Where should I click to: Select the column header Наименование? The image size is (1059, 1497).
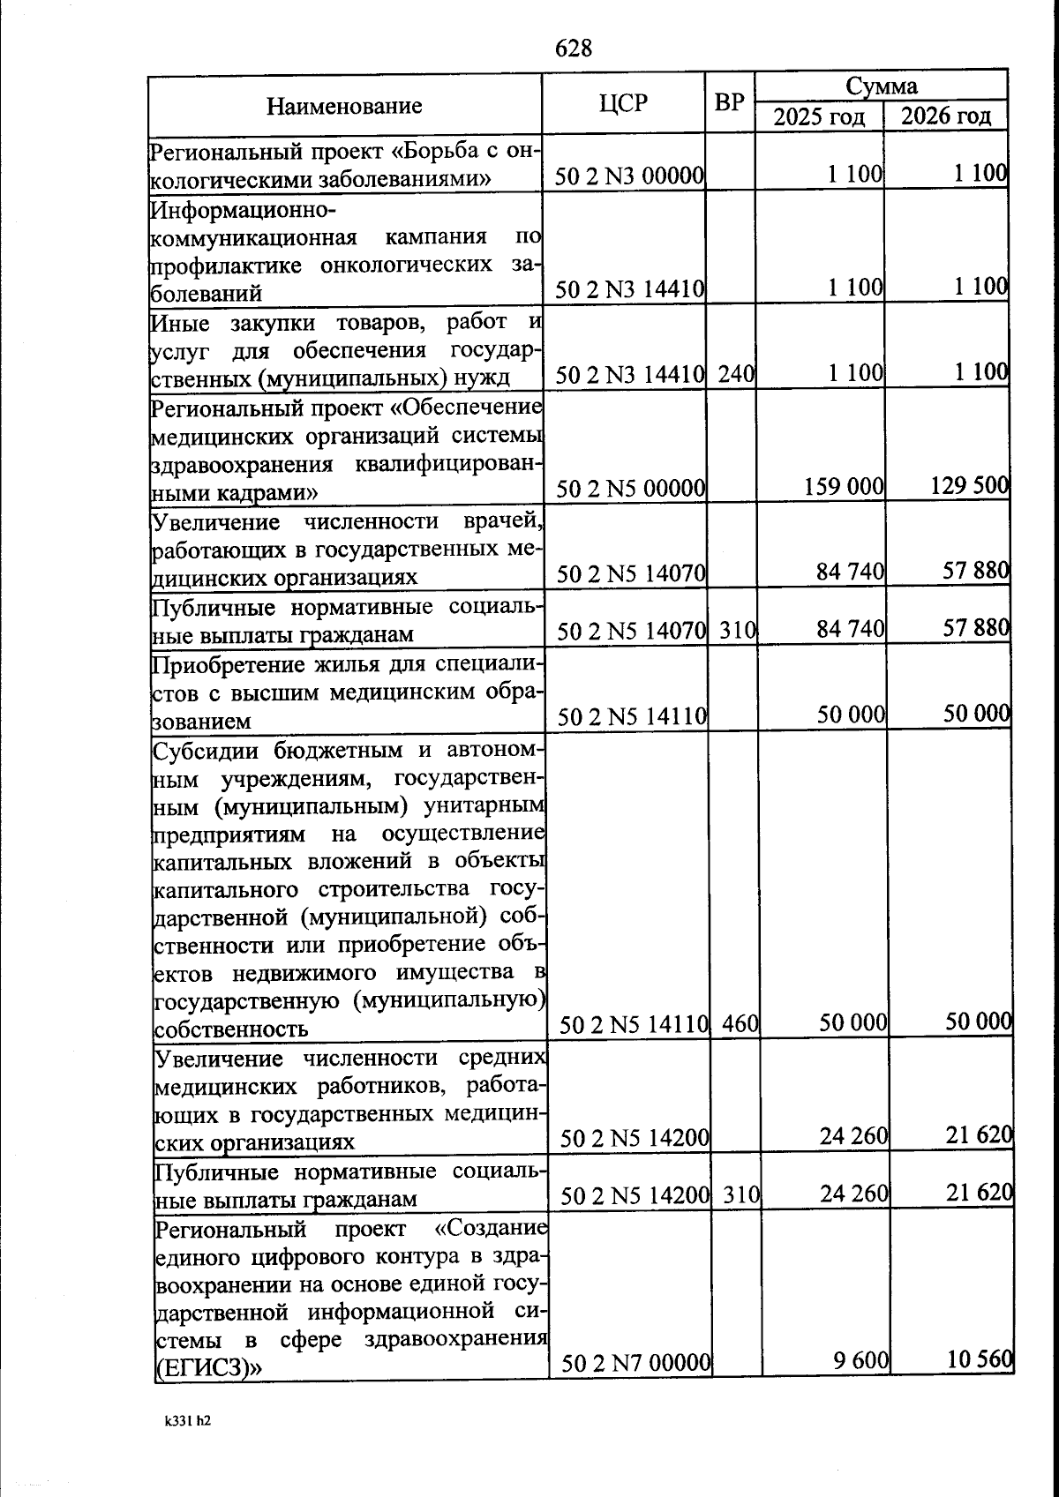pos(344,107)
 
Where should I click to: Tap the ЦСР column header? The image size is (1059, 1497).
pos(623,104)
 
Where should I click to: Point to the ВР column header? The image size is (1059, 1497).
pos(729,103)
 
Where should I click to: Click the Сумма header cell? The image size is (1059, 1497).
pos(881,86)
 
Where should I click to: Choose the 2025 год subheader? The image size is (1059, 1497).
pos(819,116)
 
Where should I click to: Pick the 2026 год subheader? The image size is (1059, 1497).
pos(946,116)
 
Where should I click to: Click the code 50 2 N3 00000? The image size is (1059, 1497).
pos(629,177)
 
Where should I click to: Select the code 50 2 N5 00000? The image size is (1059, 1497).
pos(631,488)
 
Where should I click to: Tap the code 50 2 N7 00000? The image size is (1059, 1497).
pos(636,1364)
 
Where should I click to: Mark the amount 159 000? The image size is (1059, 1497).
pos(844,486)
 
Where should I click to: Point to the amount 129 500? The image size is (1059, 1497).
pos(970,484)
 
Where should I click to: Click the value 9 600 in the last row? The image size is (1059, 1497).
pos(860,1361)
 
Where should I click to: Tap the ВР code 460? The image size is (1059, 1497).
pos(740,1024)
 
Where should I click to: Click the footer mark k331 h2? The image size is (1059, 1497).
pos(187,1421)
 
